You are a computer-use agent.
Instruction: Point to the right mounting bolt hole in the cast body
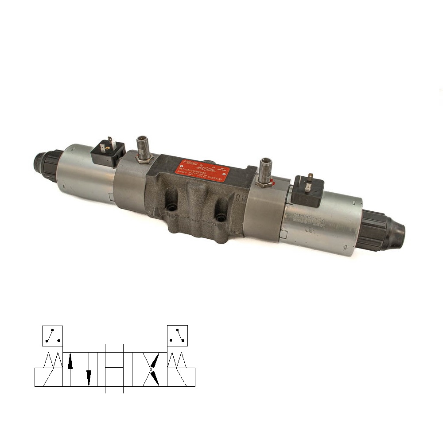coord(220,218)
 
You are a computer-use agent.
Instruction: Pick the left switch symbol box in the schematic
coord(52,335)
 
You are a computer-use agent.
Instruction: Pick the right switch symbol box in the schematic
coord(177,335)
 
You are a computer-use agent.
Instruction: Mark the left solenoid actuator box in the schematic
coord(49,377)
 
